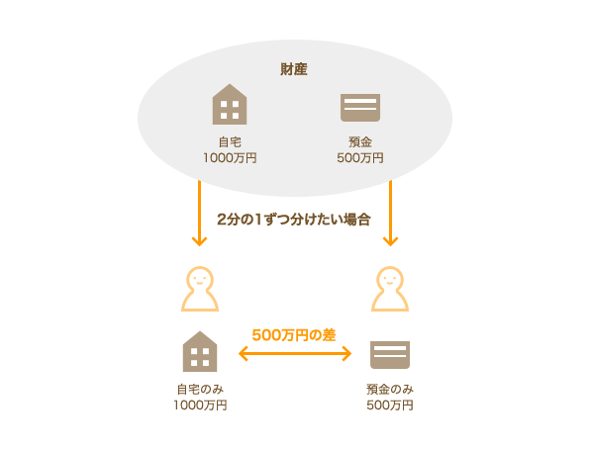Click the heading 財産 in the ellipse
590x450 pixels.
coord(294,69)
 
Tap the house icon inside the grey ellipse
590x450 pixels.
coord(230,104)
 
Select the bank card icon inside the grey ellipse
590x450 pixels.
coord(360,108)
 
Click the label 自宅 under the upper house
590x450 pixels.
coord(230,142)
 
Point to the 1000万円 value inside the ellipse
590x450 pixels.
coord(230,158)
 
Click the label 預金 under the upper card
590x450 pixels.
coord(360,142)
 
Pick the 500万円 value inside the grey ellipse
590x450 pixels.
coord(360,158)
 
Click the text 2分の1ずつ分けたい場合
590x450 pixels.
coord(294,220)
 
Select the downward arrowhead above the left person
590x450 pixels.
coord(199,241)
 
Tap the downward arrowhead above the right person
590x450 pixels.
coord(390,241)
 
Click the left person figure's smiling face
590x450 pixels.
coord(200,279)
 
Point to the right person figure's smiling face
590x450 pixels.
coord(390,279)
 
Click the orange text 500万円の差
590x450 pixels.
coord(294,335)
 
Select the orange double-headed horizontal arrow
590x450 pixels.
coord(295,354)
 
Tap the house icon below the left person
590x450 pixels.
coord(200,351)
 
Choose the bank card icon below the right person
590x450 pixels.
coord(390,355)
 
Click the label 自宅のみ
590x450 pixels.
coord(200,389)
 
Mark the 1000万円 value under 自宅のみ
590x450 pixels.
coord(200,405)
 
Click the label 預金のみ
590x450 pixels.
coord(390,389)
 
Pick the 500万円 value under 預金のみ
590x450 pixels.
coord(390,405)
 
